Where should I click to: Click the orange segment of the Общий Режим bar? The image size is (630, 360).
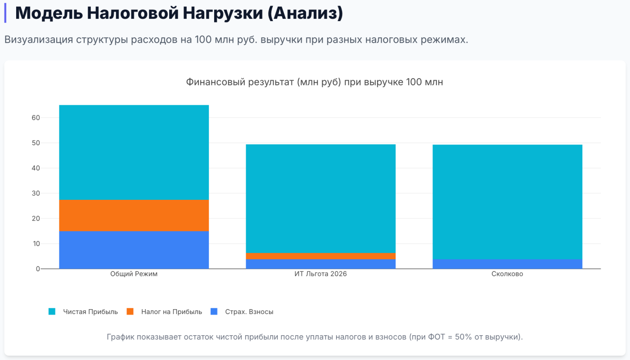pos(134,215)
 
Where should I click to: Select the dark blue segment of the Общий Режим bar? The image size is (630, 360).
pos(134,250)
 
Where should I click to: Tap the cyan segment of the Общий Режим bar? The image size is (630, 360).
pos(134,152)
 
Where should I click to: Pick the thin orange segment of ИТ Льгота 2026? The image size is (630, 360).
pos(320,256)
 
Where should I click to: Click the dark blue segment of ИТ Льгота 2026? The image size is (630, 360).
pos(320,264)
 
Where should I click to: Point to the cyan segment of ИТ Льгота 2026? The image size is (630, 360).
pos(320,198)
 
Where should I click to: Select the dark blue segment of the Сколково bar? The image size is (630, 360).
pos(507,264)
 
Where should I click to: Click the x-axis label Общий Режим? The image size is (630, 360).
pos(134,274)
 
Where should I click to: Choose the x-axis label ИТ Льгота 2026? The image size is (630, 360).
pos(320,274)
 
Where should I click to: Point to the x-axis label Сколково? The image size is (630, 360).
pos(507,274)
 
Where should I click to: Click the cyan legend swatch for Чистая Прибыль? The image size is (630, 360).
pos(52,311)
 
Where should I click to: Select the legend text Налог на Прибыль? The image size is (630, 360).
pos(171,311)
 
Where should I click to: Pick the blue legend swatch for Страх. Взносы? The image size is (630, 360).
pos(214,311)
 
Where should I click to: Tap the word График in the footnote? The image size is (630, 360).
pos(121,337)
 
